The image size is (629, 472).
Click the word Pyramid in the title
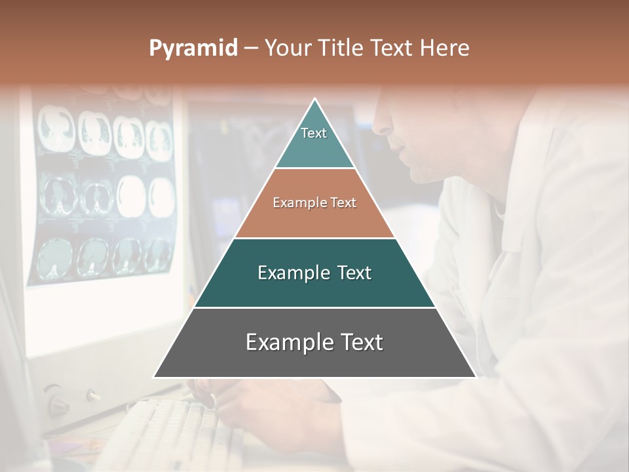pos(193,49)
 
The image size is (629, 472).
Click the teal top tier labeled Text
pos(314,141)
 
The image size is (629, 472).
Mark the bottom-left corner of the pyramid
pos(155,377)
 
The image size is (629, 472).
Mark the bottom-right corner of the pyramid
pos(476,377)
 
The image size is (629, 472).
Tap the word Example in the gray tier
pos(286,342)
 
